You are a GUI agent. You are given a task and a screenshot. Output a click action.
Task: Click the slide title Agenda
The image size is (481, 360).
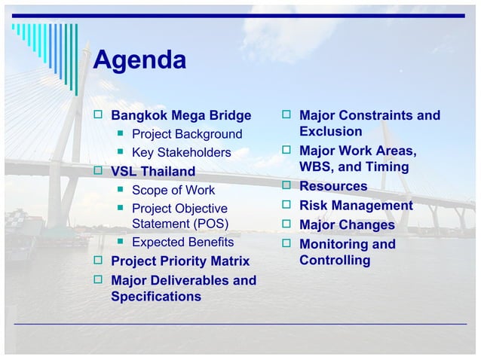tap(139, 60)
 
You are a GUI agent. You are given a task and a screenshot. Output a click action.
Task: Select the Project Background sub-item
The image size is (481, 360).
tap(187, 135)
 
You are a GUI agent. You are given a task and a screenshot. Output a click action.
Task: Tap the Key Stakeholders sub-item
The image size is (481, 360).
tap(181, 153)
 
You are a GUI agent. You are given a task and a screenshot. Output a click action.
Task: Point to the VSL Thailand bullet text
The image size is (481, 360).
tap(153, 172)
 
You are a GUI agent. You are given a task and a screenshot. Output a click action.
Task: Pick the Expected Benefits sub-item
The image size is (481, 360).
tap(182, 243)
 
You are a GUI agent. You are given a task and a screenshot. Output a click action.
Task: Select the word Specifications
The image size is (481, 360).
tap(156, 297)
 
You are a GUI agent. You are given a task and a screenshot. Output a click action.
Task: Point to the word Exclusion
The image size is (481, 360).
tap(331, 132)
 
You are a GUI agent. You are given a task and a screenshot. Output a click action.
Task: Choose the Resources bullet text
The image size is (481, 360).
tap(333, 186)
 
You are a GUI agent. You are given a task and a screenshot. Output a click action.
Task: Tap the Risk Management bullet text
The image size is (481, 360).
tap(356, 206)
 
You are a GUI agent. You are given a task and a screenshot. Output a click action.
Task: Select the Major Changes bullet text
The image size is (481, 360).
tap(347, 225)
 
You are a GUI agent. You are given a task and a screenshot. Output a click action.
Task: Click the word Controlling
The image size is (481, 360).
tap(335, 261)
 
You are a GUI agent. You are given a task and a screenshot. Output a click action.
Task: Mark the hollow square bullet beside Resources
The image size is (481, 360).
tap(286, 186)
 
